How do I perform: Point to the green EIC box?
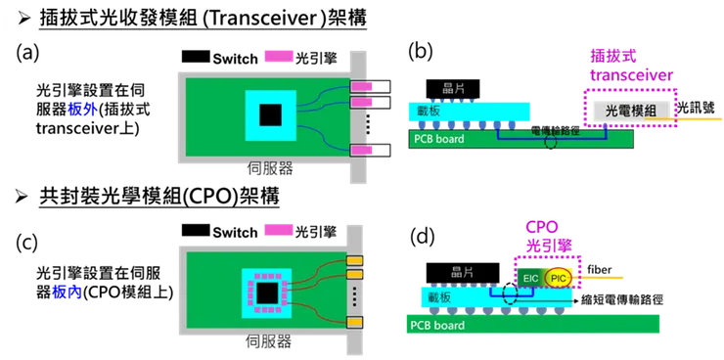click(530, 278)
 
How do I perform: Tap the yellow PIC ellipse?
click(559, 279)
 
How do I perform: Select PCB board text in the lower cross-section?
click(436, 323)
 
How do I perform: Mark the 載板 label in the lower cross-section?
click(439, 295)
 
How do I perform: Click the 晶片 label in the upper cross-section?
click(454, 88)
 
